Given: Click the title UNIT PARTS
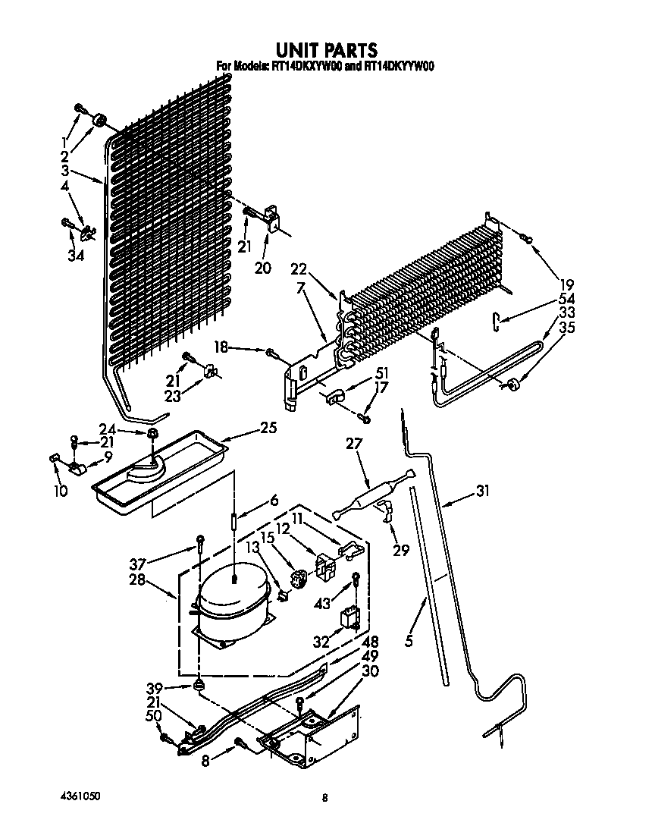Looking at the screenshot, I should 326,50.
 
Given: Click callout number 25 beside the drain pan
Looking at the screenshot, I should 267,428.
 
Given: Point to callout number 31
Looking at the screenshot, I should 481,492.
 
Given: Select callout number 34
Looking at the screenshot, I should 74,256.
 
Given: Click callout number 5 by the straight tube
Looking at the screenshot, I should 409,640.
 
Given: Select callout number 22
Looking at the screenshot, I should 299,269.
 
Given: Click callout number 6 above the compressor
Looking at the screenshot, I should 274,501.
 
